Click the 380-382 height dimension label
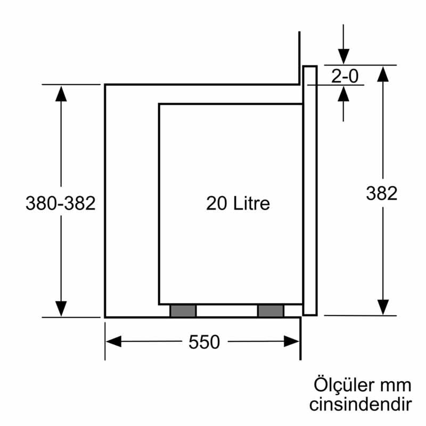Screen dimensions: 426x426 60,203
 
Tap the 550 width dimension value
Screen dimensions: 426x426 204,342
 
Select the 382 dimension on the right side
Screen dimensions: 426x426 381,193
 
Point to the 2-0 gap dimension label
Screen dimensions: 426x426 345,77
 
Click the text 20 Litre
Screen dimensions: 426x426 238,203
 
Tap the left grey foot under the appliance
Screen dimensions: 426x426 183,311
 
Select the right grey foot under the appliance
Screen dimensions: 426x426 271,311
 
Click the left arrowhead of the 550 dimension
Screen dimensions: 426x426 113,341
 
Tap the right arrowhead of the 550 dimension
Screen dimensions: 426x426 292,341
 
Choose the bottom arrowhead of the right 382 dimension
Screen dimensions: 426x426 382,307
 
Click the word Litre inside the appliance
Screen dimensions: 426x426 251,203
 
